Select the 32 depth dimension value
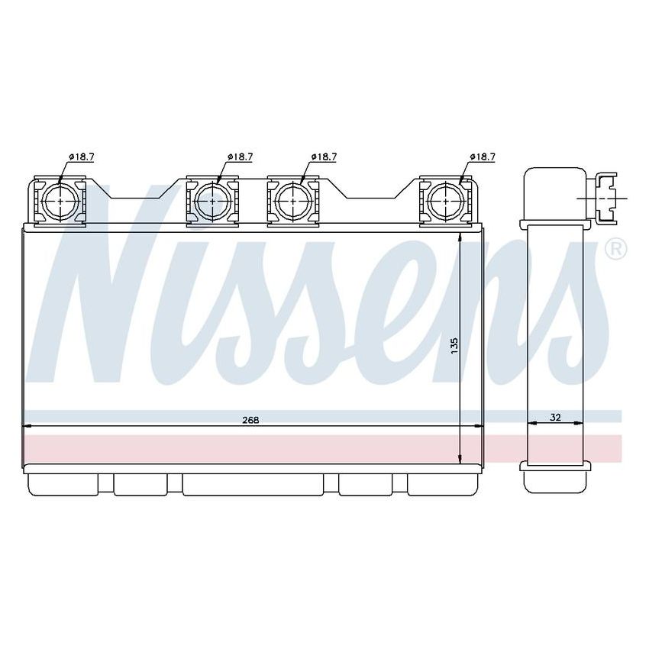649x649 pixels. [x=555, y=418]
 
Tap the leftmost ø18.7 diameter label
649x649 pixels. [x=81, y=157]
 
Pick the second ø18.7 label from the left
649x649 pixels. [x=239, y=157]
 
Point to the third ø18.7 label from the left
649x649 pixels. [x=323, y=157]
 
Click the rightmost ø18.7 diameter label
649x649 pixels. [x=482, y=157]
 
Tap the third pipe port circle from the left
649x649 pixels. [x=291, y=201]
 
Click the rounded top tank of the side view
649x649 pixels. [x=554, y=195]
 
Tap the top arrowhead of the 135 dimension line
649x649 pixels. [x=460, y=239]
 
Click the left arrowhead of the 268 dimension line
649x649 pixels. [x=28, y=425]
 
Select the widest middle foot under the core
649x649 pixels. [x=252, y=484]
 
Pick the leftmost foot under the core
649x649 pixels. [x=62, y=484]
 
